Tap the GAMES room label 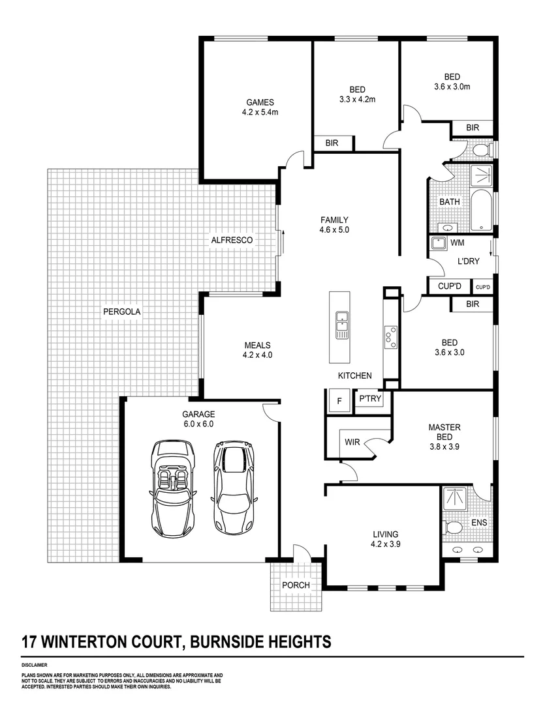click(260, 102)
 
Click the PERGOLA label click(121, 312)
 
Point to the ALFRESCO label click(231, 240)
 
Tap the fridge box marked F click(339, 401)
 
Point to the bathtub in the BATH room click(480, 211)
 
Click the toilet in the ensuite click(453, 526)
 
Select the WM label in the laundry click(458, 243)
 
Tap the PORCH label click(295, 585)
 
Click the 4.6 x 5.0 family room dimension click(334, 230)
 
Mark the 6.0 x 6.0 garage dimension click(198, 424)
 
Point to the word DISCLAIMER click(34, 665)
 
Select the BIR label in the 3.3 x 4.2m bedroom click(332, 143)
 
